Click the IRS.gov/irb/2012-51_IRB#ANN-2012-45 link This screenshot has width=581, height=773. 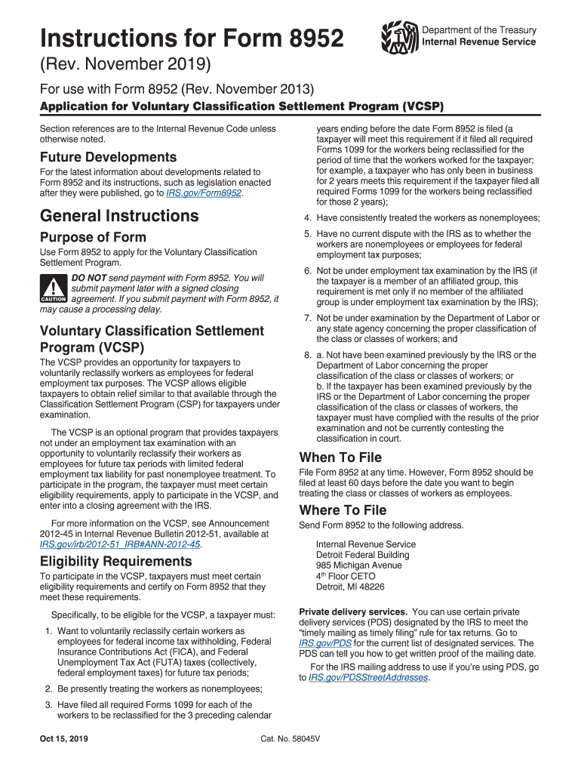120,544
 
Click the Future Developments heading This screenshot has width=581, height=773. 108,157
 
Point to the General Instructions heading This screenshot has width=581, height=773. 119,216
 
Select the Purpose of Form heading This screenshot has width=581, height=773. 93,237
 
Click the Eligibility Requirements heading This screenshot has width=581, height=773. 115,561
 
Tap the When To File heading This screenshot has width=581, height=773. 340,457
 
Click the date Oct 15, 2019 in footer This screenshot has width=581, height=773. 65,738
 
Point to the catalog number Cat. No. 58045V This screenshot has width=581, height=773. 290,738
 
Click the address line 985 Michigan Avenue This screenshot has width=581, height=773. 359,565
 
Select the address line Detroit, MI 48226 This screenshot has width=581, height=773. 350,587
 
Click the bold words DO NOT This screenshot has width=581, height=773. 88,278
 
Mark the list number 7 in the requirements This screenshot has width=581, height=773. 307,318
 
